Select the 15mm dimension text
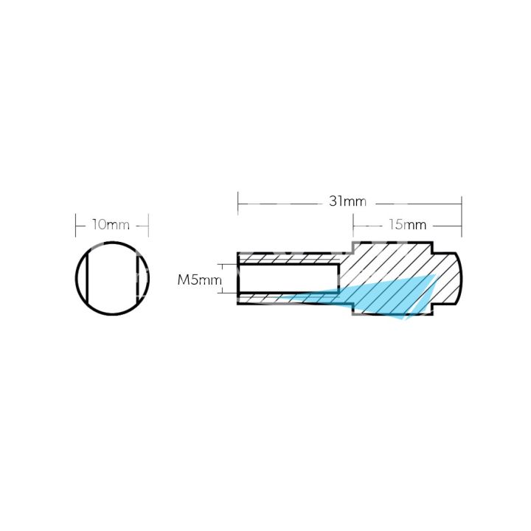point(406,224)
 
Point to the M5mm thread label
point(198,280)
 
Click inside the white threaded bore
point(288,279)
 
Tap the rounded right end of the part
point(453,279)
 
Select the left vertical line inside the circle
point(88,277)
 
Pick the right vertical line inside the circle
point(136,277)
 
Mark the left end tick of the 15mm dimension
point(353,224)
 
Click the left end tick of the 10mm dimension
point(76,224)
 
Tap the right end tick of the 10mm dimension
point(148,224)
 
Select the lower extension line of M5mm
point(228,293)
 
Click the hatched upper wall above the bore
point(288,259)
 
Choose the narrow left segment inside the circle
point(82,277)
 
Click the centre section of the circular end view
point(112,277)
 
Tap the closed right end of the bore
point(339,279)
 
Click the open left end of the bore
point(239,279)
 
